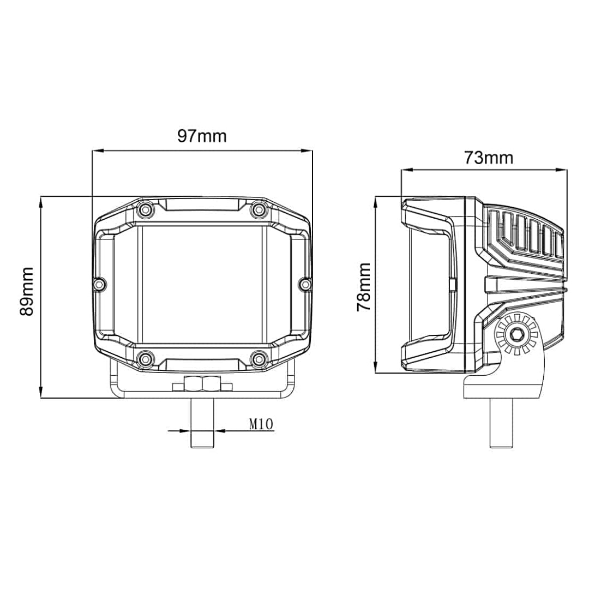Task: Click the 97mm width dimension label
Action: click(x=202, y=136)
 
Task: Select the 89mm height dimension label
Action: click(x=27, y=291)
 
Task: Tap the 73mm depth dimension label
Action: click(x=489, y=158)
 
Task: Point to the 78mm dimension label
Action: click(x=364, y=287)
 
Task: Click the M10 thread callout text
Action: click(x=261, y=424)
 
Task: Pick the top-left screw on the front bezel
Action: click(x=146, y=209)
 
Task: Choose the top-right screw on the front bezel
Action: click(x=259, y=209)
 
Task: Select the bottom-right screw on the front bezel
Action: click(x=259, y=359)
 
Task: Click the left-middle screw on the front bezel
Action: click(x=99, y=284)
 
